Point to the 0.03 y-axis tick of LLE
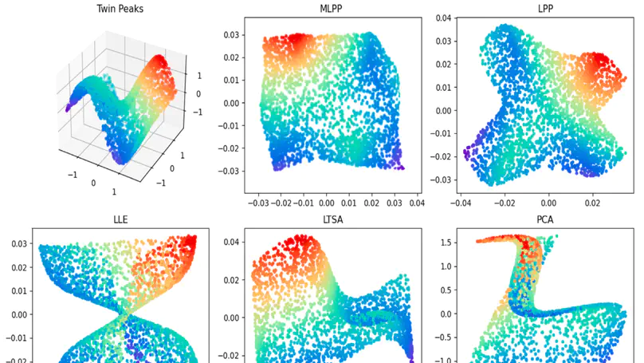pos(15,243)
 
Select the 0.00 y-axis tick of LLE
pos(15,314)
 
